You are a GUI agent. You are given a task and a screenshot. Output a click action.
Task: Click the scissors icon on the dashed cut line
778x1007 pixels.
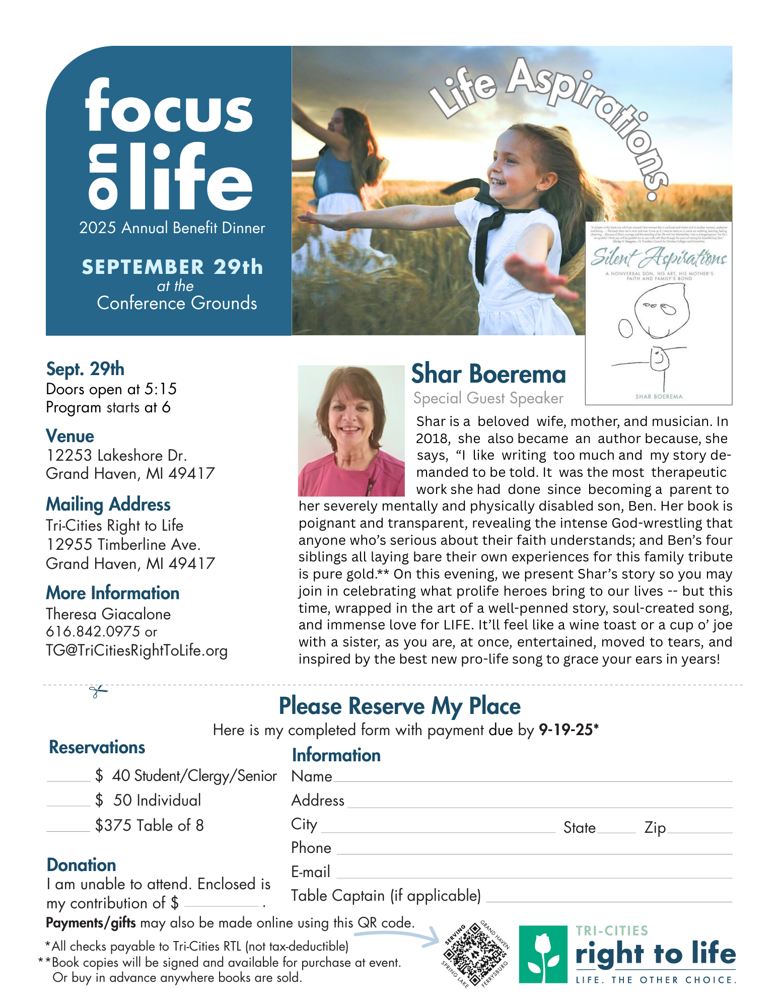pyautogui.click(x=98, y=691)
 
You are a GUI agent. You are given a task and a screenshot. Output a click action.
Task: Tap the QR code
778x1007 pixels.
pyautogui.click(x=475, y=955)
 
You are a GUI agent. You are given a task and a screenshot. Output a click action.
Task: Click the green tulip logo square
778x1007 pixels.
pyautogui.click(x=543, y=954)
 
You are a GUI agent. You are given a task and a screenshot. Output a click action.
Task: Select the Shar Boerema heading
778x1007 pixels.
pyautogui.click(x=488, y=374)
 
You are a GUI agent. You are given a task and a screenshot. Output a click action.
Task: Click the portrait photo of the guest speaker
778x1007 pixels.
pyautogui.click(x=351, y=430)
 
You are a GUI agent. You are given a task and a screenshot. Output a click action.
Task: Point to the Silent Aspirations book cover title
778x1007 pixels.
pyautogui.click(x=659, y=258)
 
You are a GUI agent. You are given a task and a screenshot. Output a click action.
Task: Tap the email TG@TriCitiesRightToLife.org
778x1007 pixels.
pyautogui.click(x=136, y=651)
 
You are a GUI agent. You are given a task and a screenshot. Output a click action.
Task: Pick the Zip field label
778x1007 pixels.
pyautogui.click(x=655, y=828)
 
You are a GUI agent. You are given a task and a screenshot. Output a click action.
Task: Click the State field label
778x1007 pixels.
pyautogui.click(x=579, y=828)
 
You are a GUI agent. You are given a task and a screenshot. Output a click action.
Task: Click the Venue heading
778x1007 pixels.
pyautogui.click(x=70, y=436)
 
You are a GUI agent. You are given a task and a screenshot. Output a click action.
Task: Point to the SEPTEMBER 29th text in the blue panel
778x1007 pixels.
pyautogui.click(x=172, y=267)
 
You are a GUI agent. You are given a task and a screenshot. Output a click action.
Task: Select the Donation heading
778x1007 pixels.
pyautogui.click(x=81, y=865)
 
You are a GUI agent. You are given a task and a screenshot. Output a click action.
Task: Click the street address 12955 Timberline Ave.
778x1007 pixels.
pyautogui.click(x=123, y=544)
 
